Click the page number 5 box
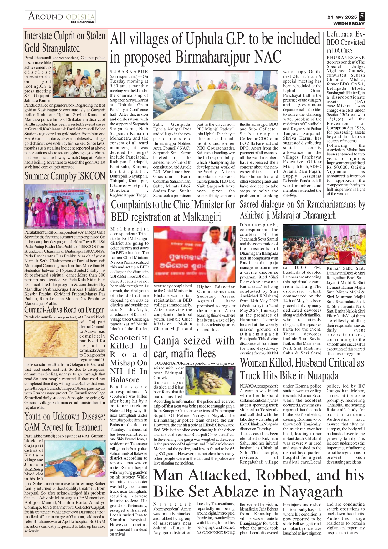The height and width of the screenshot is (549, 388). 362,16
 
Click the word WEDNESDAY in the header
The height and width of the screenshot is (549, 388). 349,23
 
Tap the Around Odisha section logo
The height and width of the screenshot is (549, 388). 61,17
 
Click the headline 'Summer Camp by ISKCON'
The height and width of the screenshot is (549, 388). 65,176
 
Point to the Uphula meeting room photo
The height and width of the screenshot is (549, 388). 215,95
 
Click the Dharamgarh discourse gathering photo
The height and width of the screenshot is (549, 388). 324,244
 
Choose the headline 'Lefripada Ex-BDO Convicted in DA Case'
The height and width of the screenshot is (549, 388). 345,43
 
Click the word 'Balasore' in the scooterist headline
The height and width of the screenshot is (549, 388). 125,379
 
